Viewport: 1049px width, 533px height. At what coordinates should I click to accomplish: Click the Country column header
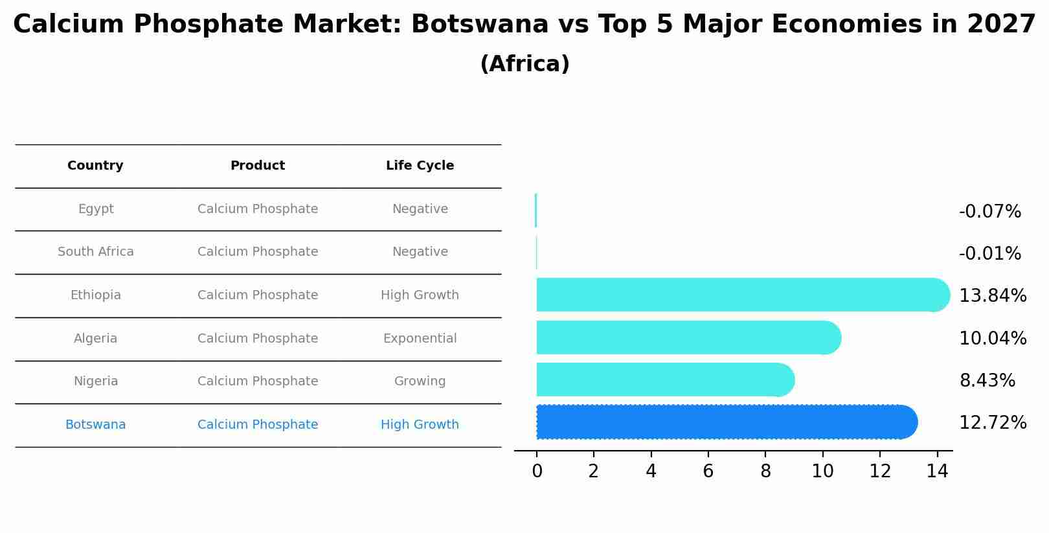coord(95,166)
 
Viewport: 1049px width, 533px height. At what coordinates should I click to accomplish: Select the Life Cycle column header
coord(420,166)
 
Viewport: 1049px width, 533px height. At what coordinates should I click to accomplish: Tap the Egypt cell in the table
coord(96,209)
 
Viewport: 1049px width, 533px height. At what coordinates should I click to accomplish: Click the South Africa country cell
coord(96,252)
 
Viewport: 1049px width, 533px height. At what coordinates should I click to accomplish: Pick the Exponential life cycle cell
coord(420,339)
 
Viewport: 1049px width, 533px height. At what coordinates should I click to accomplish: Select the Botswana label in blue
coord(96,425)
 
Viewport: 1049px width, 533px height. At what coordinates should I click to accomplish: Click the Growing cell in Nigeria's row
coord(420,381)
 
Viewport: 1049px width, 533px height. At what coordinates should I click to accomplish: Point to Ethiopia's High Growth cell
coord(420,295)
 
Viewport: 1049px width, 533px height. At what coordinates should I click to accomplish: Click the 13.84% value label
coord(992,296)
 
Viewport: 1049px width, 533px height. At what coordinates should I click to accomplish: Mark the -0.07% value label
coord(989,212)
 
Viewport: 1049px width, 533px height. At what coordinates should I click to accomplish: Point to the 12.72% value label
coord(992,423)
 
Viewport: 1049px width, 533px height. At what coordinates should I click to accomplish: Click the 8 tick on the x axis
coord(765,471)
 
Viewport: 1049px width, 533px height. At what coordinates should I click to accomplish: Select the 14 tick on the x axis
coord(937,471)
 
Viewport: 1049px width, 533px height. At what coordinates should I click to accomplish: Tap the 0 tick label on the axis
coord(537,471)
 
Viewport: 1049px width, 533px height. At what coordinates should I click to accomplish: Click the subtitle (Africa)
coord(524,64)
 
